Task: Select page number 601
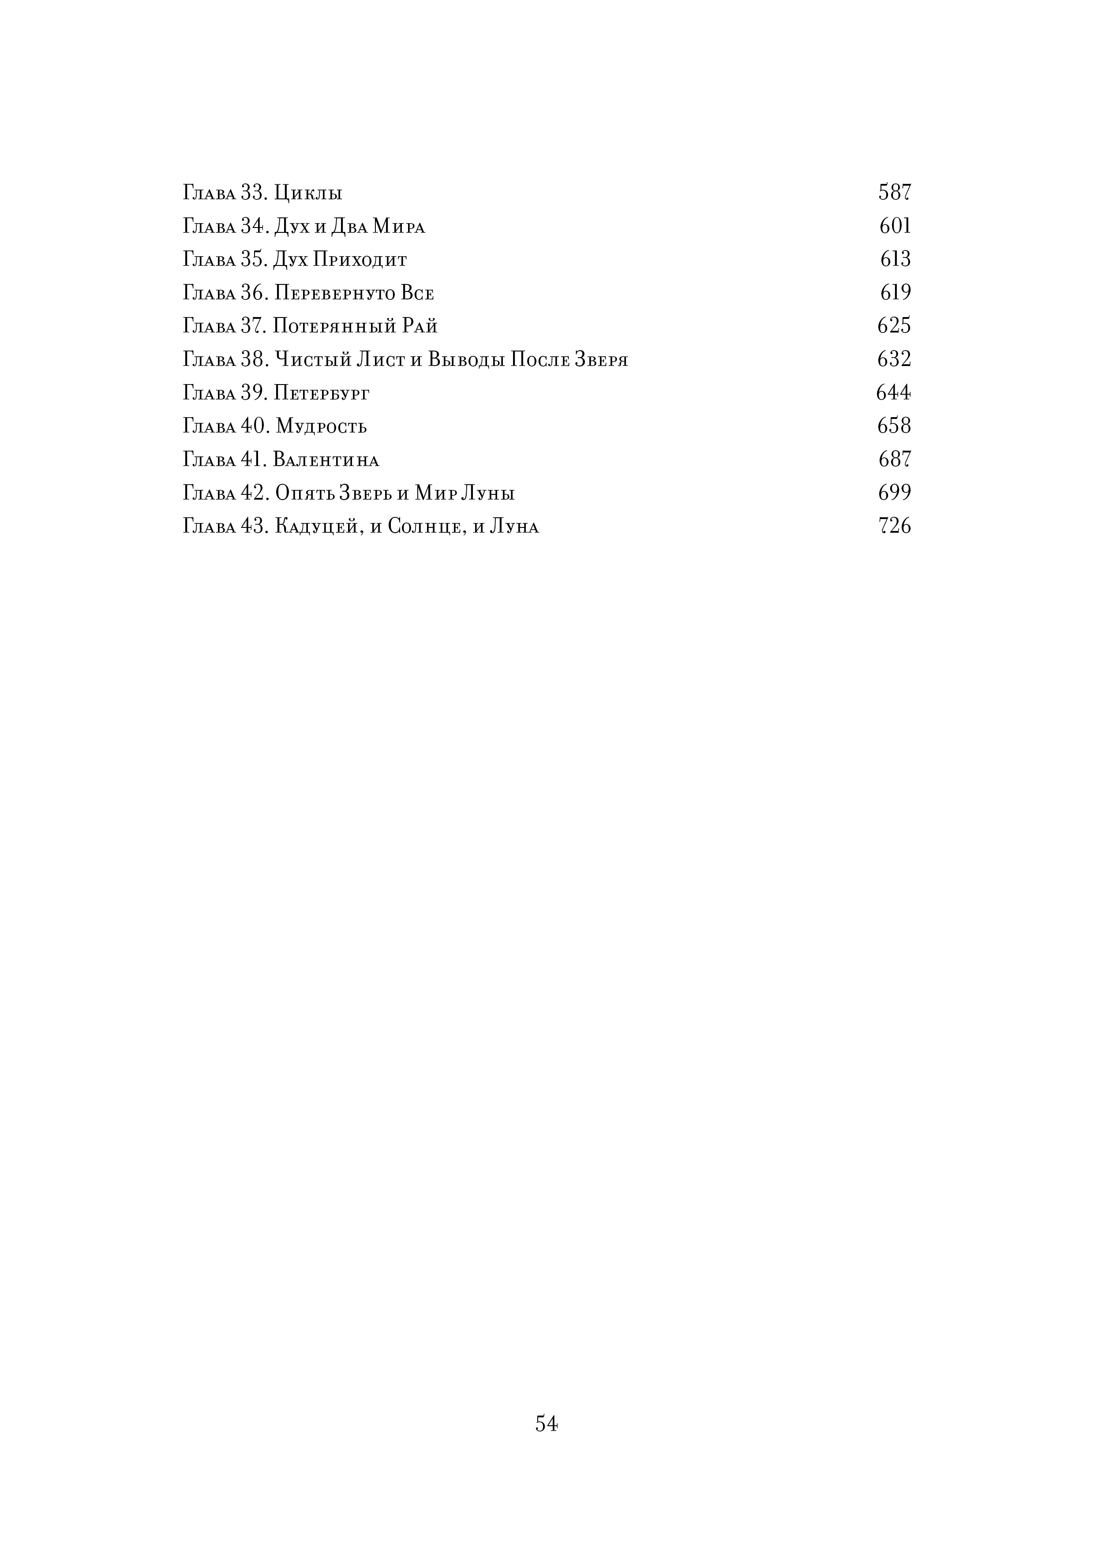click(895, 226)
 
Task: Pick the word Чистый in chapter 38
click(314, 360)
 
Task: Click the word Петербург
click(322, 393)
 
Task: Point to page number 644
click(893, 392)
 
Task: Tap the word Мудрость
click(321, 426)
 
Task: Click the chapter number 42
click(254, 493)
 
